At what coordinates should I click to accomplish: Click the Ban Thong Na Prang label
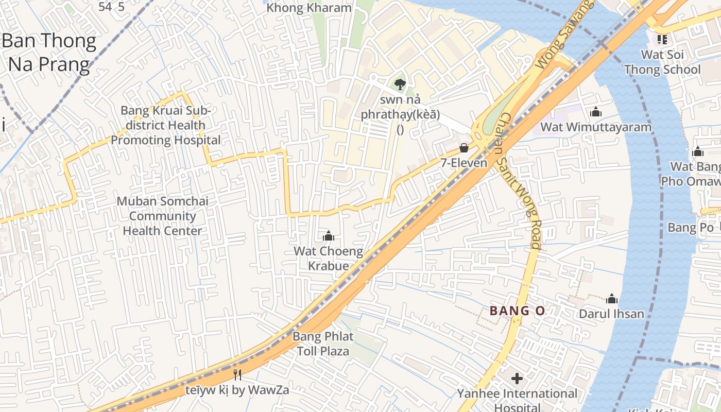coord(49,53)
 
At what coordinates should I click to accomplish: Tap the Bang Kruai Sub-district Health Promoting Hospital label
coord(166,125)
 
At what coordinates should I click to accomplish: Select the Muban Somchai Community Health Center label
coord(163,216)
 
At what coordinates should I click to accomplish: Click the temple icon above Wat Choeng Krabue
coord(329,236)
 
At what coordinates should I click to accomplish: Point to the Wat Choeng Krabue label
coord(329,259)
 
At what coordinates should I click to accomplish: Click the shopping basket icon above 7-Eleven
coord(464,148)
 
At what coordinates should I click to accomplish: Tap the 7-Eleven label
coord(464,163)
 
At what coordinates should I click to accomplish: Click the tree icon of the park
coord(400,84)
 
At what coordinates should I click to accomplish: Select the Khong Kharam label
coord(309,8)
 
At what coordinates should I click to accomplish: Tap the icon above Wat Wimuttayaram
coord(596,112)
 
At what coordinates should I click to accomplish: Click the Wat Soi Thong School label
coord(662,62)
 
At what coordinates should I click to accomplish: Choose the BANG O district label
coord(517,311)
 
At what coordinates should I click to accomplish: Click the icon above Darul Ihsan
coord(612,299)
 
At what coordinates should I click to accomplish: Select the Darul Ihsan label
coord(612,314)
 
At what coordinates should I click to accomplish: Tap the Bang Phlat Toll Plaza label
coord(323,344)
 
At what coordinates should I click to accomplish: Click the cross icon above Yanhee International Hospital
coord(517,379)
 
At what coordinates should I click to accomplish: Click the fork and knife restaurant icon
coord(237,375)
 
